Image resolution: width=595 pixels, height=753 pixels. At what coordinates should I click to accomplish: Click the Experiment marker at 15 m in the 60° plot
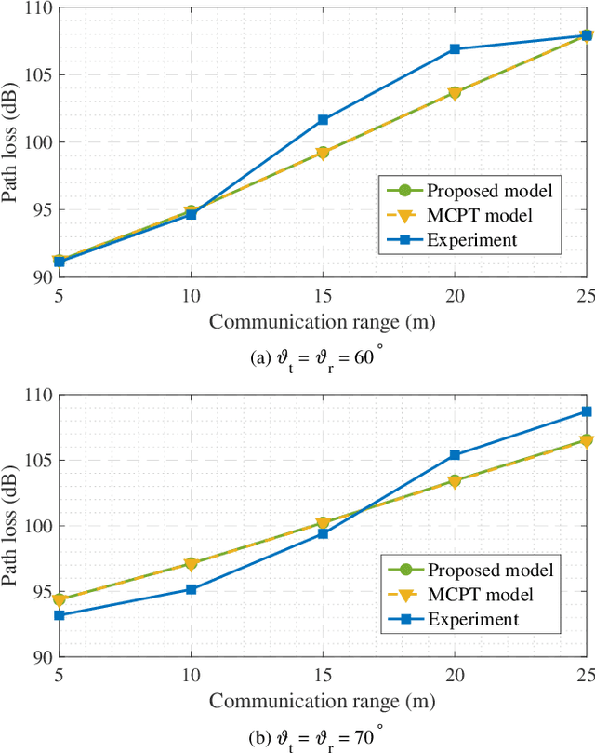coord(323,119)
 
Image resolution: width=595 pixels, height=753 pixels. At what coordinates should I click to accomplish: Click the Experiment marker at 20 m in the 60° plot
coord(455,48)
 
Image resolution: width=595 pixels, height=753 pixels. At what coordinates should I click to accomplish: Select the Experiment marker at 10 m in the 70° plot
coord(191,589)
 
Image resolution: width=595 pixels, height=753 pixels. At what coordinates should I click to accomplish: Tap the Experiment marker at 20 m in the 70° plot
coord(455,455)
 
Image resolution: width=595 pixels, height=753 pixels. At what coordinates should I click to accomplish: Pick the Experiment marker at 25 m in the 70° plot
coord(587,411)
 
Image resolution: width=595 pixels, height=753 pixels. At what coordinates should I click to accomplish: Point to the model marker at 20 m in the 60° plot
coord(455,92)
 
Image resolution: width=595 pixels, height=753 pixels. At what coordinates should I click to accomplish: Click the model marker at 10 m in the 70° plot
coord(191,563)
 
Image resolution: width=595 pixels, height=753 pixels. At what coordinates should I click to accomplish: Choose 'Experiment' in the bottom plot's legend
coord(471,618)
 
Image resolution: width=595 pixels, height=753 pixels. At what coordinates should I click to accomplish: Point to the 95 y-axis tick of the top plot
coord(38,210)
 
